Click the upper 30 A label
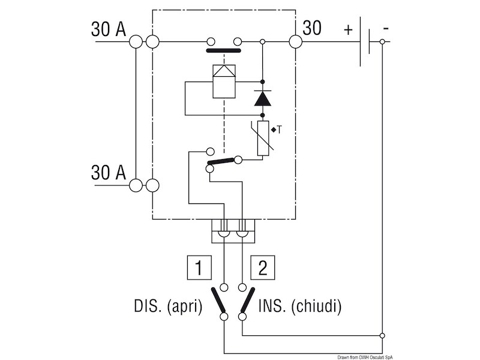(x=109, y=29)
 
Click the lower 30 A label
(x=109, y=172)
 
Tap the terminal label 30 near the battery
(x=312, y=28)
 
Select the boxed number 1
(x=199, y=267)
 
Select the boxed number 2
(x=263, y=267)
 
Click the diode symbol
(x=263, y=98)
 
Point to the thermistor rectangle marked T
(x=263, y=138)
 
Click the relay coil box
(x=224, y=82)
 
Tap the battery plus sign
(x=348, y=30)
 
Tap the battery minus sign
(x=386, y=29)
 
